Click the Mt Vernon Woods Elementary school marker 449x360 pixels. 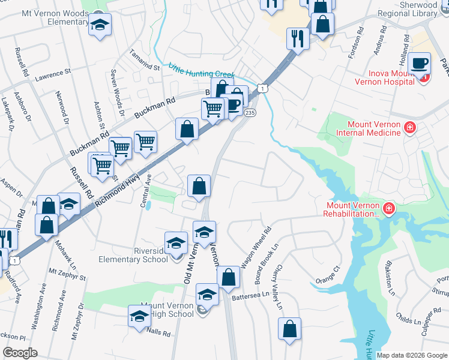pyautogui.click(x=100, y=26)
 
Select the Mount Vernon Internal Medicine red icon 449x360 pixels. pyautogui.click(x=410, y=127)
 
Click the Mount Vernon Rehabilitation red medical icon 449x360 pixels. pyautogui.click(x=389, y=208)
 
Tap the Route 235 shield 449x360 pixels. pyautogui.click(x=250, y=113)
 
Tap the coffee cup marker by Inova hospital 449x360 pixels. pyautogui.click(x=421, y=63)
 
